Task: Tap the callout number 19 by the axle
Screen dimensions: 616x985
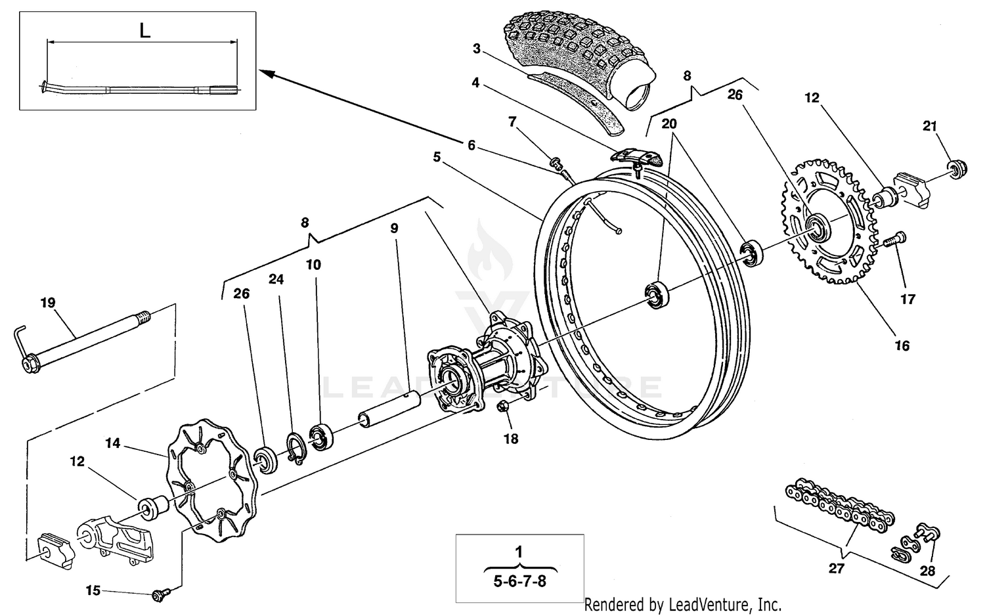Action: (48, 303)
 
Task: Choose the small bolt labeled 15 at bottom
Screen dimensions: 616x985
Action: (158, 594)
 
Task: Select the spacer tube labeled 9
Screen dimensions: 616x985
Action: (387, 408)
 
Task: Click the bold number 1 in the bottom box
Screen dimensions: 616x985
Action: (519, 550)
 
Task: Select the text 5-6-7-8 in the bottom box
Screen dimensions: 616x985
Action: (519, 582)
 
